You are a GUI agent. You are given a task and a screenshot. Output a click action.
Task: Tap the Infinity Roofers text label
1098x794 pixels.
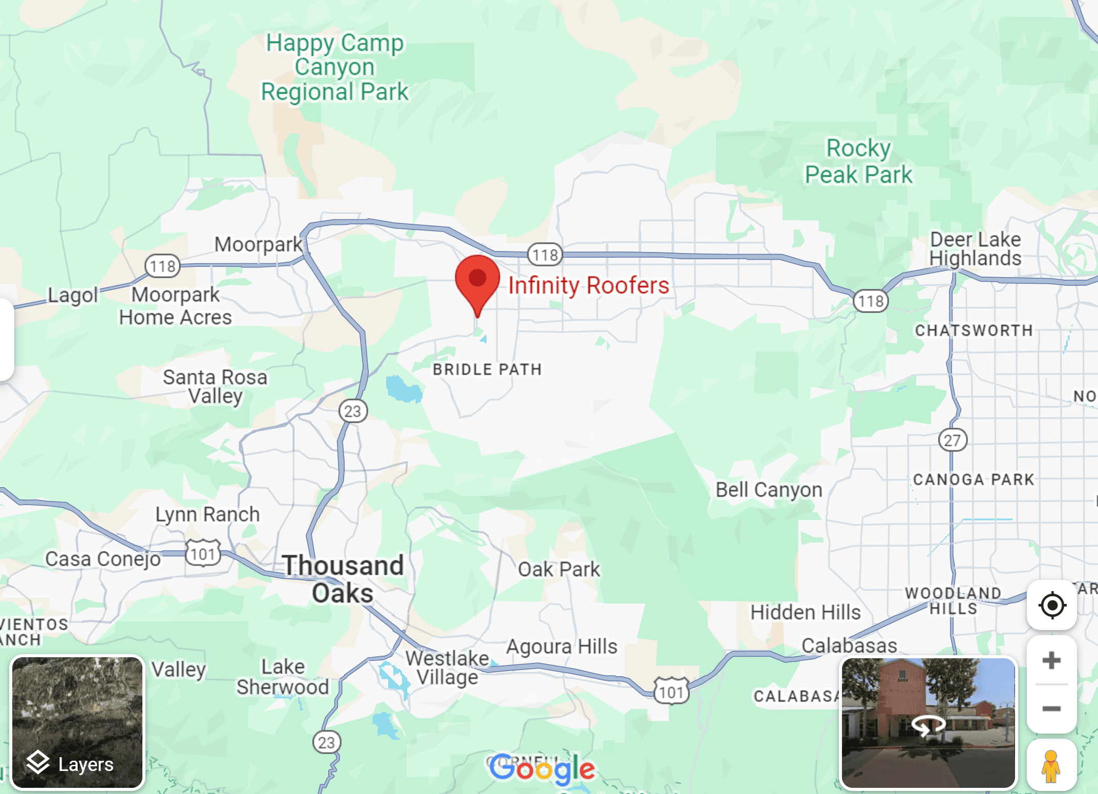588,285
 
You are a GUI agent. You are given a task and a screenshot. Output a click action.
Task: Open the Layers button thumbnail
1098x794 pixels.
77,723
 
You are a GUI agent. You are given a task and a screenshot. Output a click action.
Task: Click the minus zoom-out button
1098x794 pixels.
1051,709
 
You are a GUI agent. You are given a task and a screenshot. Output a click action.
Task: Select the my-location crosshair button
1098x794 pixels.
1052,605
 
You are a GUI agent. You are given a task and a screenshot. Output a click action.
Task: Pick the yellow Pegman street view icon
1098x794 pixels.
1051,766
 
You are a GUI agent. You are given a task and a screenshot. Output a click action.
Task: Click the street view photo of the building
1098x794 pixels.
928,723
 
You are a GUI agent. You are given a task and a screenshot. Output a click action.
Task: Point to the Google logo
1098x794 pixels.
542,769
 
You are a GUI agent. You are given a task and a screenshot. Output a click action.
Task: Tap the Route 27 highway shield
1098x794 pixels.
952,440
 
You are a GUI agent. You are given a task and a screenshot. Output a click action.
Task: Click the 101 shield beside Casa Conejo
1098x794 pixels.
203,553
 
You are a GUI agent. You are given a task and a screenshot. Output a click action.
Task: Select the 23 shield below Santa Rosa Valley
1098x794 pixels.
353,411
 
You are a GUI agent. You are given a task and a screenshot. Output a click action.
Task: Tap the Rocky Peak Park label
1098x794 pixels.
858,161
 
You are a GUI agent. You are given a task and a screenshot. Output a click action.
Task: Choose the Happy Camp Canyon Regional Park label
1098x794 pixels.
335,67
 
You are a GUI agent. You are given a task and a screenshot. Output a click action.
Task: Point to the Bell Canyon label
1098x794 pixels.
769,490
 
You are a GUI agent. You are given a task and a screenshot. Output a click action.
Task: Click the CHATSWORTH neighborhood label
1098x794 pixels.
974,330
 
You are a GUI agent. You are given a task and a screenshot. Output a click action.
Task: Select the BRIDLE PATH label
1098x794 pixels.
487,369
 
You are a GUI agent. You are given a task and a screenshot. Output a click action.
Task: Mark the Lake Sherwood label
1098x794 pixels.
283,677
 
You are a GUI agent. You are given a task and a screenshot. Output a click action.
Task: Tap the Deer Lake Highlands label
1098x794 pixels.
975,249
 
